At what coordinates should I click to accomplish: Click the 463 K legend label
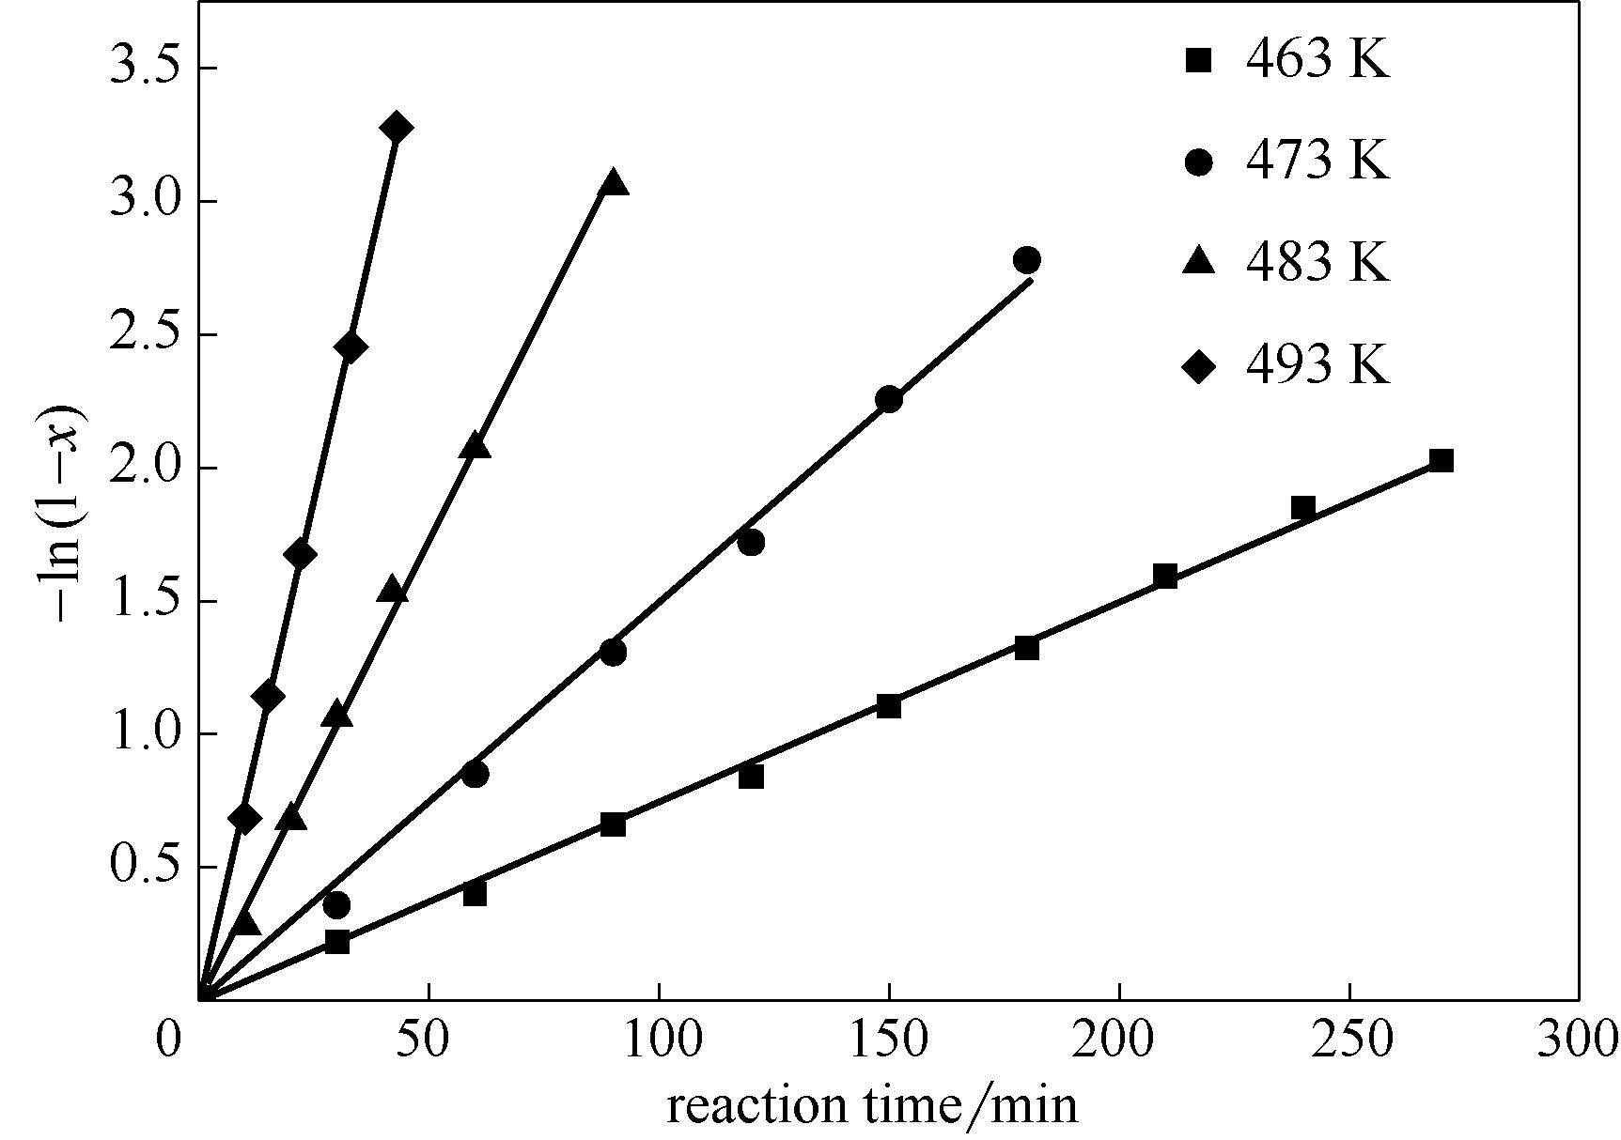click(1317, 61)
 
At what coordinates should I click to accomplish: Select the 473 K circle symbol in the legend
click(1199, 162)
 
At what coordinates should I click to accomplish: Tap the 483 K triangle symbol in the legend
click(1199, 261)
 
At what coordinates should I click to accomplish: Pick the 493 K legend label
click(1317, 363)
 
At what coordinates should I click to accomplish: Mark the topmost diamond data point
click(396, 128)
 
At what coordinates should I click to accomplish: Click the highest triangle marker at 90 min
click(614, 182)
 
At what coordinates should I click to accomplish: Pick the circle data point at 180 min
click(1027, 260)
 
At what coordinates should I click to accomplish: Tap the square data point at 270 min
click(1441, 460)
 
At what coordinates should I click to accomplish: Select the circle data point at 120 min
click(751, 542)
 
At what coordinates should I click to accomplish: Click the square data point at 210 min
click(1165, 576)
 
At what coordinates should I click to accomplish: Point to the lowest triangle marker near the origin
click(245, 924)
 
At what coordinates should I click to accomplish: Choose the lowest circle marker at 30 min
click(336, 905)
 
